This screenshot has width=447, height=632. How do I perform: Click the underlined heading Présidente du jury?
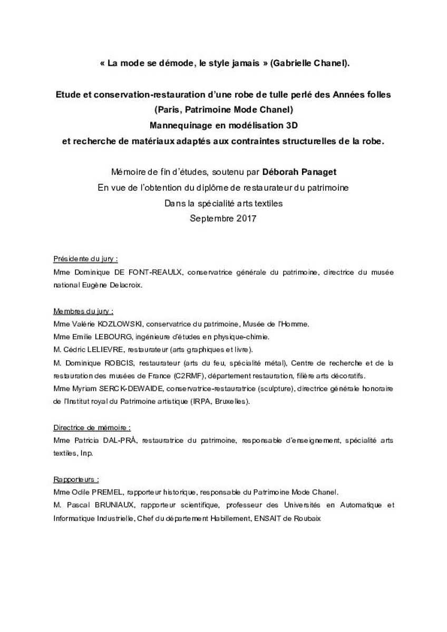tap(85, 259)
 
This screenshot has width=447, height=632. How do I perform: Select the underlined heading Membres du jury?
tap(83, 311)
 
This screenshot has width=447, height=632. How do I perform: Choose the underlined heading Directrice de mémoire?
tap(92, 427)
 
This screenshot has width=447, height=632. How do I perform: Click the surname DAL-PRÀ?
tap(119, 440)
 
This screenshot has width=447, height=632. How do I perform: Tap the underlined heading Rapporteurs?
tap(76, 479)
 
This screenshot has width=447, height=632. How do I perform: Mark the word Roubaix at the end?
tap(307, 518)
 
